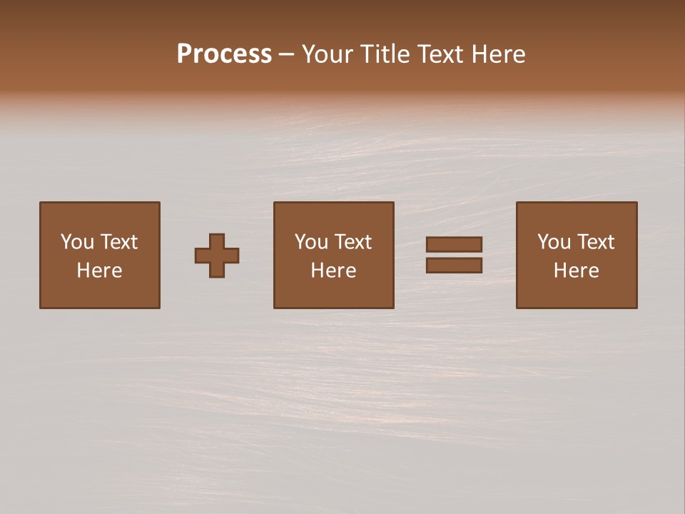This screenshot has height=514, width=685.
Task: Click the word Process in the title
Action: (224, 54)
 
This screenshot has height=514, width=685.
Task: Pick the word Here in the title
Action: (502, 54)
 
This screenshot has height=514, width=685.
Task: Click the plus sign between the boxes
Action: (217, 256)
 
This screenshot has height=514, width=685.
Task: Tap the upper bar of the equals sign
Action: (454, 244)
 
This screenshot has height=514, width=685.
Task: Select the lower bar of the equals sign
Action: (454, 266)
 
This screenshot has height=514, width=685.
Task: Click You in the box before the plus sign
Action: (77, 242)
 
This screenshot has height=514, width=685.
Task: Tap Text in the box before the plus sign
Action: (118, 242)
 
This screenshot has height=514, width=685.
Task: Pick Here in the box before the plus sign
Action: (99, 271)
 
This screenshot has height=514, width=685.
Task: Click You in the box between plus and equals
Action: (311, 242)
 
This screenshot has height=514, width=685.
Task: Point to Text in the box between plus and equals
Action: (352, 242)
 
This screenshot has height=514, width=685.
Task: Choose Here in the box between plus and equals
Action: (333, 271)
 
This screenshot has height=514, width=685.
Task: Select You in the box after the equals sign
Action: (554, 242)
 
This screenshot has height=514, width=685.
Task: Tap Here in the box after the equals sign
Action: (576, 271)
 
